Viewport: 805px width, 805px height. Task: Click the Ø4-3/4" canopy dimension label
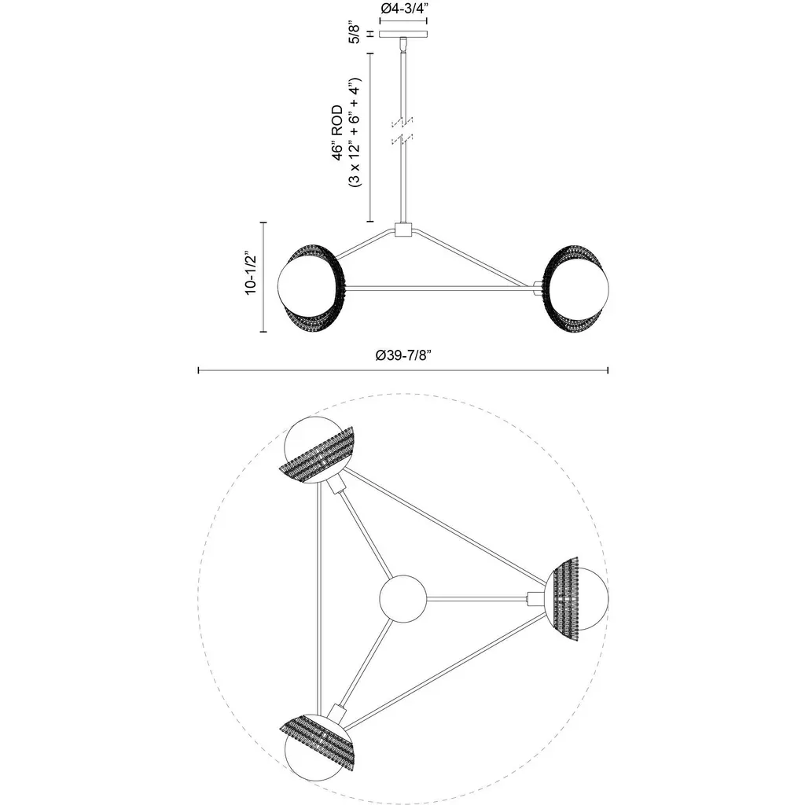click(x=403, y=9)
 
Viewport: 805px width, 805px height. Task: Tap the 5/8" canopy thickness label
click(x=355, y=32)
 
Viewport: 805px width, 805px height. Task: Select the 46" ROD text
click(x=337, y=133)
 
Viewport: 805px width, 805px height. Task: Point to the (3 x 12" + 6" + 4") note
click(x=355, y=132)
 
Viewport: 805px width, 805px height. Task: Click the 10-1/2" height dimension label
click(x=251, y=273)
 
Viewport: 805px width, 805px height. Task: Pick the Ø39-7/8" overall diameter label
click(x=403, y=355)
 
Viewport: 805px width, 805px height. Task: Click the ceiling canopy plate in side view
click(x=403, y=35)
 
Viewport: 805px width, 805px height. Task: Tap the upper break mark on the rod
click(x=403, y=122)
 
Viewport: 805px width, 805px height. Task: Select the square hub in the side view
click(x=403, y=230)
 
